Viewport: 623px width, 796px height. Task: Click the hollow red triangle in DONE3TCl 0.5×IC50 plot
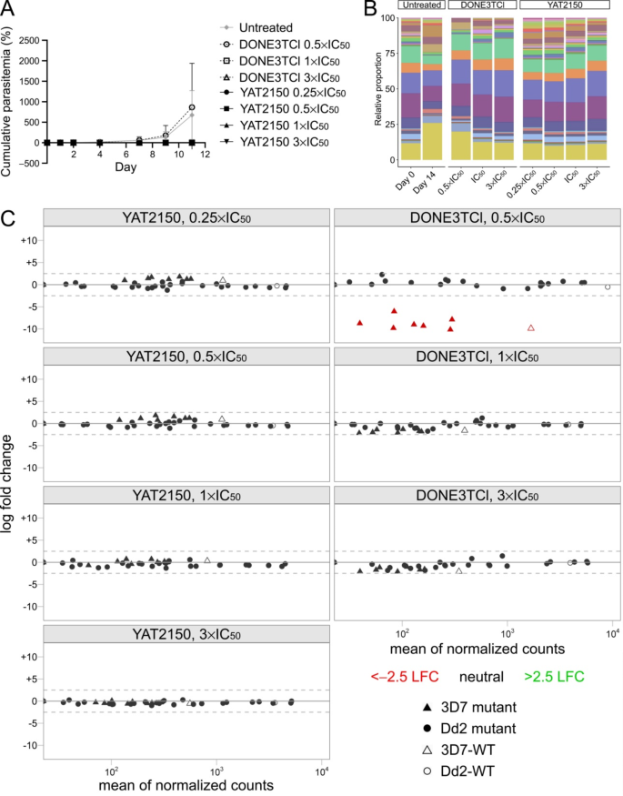click(x=531, y=327)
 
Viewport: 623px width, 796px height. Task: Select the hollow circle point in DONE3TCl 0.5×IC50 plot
click(x=608, y=287)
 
